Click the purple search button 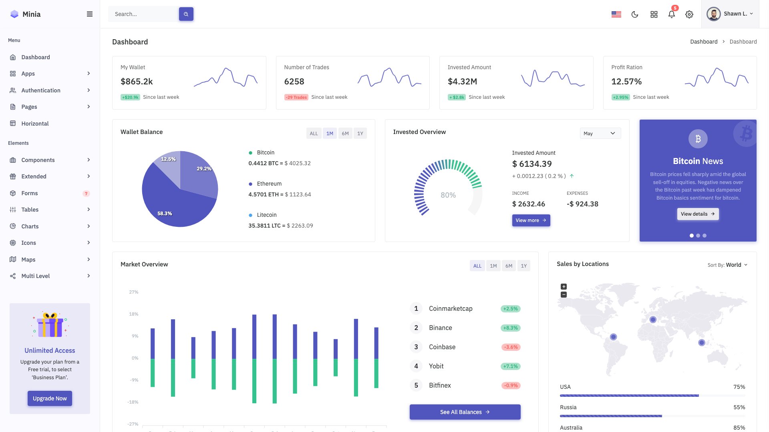tap(186, 14)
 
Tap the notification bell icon tap(671, 14)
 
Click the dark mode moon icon tap(635, 14)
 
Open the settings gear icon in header tap(689, 14)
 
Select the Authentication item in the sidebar tap(41, 90)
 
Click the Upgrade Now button tap(50, 398)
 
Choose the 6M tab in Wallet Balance tap(345, 134)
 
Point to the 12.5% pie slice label tap(168, 159)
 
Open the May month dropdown tap(600, 134)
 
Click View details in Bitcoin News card tap(698, 214)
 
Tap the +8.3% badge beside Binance tap(510, 328)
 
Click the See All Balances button tap(465, 412)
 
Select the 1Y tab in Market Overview tap(523, 266)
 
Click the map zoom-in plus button tap(564, 286)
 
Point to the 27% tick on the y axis tap(133, 292)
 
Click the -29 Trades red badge tap(296, 97)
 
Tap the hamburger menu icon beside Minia tap(90, 14)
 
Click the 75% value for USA tap(739, 387)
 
